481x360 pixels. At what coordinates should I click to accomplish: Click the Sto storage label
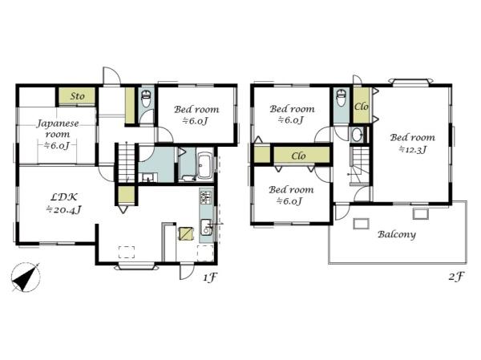(x=77, y=96)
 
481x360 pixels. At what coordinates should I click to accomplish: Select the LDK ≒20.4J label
(x=63, y=203)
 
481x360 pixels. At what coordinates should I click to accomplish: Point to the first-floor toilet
(x=147, y=98)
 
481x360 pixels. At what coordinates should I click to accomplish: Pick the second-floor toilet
(x=342, y=98)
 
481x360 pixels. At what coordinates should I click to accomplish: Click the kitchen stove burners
(x=206, y=198)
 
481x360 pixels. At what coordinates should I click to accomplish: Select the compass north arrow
(x=26, y=277)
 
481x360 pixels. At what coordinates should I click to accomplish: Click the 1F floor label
(x=210, y=277)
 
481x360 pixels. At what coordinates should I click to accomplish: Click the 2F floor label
(x=455, y=277)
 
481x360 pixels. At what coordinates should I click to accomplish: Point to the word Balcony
(x=397, y=234)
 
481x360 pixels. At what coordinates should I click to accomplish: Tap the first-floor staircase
(x=127, y=162)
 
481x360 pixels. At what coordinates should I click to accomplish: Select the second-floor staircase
(x=360, y=166)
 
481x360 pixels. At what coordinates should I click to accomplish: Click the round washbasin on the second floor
(x=356, y=135)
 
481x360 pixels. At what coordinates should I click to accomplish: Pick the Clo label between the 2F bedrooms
(x=298, y=156)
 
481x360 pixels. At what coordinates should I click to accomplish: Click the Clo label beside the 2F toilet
(x=361, y=107)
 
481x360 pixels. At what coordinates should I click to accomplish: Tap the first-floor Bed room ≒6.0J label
(x=196, y=115)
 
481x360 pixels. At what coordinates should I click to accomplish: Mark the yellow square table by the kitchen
(x=186, y=233)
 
